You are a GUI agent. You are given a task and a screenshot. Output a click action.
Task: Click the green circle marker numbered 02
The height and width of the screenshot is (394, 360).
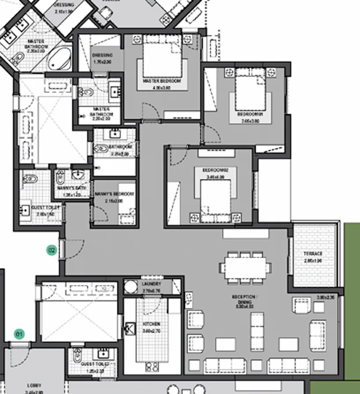(x=52, y=250)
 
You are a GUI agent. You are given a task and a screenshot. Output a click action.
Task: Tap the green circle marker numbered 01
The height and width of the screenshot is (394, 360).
(x=19, y=334)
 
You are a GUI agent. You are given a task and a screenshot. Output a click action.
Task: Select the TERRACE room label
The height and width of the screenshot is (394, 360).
(x=313, y=254)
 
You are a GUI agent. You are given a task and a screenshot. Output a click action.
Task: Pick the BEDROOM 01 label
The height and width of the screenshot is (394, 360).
(x=250, y=114)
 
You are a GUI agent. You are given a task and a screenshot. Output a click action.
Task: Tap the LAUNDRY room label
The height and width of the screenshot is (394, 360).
(x=151, y=284)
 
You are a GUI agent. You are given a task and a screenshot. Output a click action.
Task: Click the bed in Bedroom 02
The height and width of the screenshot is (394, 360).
(x=215, y=198)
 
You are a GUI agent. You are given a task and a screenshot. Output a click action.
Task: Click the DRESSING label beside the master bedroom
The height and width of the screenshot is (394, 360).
(x=103, y=56)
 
